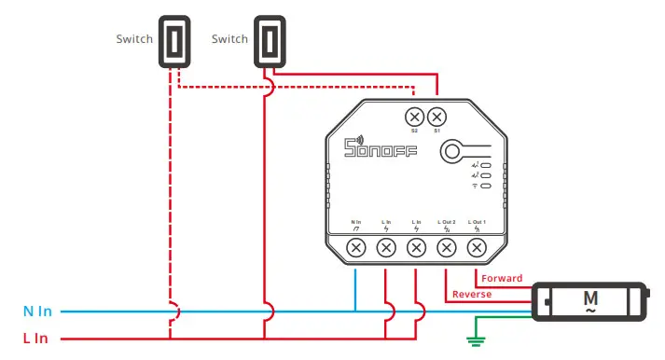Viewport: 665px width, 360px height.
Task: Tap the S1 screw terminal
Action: [x=436, y=117]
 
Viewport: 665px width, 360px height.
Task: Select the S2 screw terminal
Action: [x=414, y=117]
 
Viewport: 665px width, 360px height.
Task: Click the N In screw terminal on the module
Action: [x=355, y=247]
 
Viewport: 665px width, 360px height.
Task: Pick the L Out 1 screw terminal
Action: [x=477, y=247]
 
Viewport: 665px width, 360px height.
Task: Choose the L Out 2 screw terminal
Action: [x=447, y=247]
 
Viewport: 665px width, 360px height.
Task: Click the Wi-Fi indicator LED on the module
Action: [x=486, y=186]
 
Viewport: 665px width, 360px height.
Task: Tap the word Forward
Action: [x=502, y=278]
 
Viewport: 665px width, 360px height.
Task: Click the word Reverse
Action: [x=472, y=295]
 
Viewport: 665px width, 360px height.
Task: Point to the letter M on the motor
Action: [x=589, y=298]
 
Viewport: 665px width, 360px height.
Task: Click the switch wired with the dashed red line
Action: [x=172, y=41]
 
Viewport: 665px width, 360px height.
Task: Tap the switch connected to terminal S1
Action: [x=268, y=41]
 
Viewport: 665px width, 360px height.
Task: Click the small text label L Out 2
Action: [x=447, y=222]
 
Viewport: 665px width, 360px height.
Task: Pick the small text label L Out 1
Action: [x=477, y=222]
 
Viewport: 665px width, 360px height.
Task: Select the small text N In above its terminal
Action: [x=355, y=222]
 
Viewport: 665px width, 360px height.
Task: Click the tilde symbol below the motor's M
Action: [x=589, y=311]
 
